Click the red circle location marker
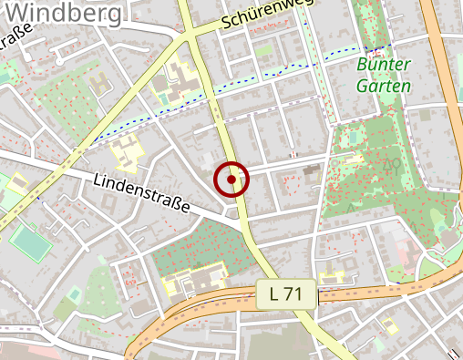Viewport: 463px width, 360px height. click(231, 180)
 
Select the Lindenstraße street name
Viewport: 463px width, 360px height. click(142, 194)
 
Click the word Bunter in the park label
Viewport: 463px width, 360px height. click(383, 66)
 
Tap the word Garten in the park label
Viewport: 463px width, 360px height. click(383, 86)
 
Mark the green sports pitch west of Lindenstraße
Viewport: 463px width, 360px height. click(31, 242)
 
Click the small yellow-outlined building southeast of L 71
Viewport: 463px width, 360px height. click(390, 323)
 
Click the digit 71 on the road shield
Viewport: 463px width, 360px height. click(296, 293)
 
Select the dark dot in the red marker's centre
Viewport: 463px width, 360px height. click(231, 180)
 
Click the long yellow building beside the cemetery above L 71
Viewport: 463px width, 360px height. click(196, 277)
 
